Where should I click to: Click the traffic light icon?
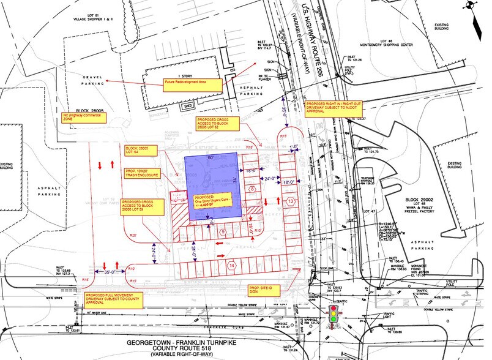(x=334, y=316)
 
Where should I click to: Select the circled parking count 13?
(x=291, y=201)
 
